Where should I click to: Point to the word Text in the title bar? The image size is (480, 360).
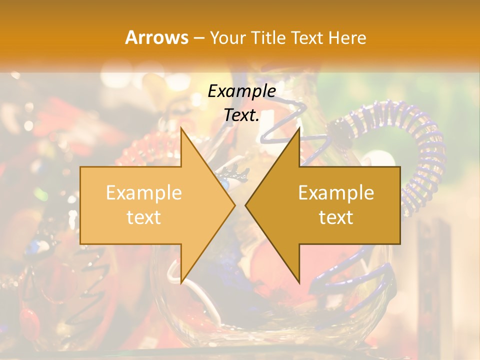pos(307,38)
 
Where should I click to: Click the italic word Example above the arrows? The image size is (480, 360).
pos(241,91)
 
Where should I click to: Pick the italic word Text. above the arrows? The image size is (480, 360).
pos(241,115)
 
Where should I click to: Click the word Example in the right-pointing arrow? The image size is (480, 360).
pos(143,192)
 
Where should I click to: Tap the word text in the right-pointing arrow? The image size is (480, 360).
pos(143,217)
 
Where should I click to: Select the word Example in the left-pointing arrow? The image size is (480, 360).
pos(336,192)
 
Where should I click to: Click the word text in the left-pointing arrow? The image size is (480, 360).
pos(336,217)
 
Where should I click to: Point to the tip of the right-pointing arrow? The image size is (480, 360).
pos(235,205)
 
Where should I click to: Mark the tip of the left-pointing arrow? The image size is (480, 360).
pos(245,205)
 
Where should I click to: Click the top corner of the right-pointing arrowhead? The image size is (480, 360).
pos(181,128)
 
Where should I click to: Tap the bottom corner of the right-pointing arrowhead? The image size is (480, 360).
pos(181,282)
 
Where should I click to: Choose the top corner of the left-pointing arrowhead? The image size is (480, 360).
pos(299,128)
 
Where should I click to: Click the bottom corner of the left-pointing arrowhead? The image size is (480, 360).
pos(299,282)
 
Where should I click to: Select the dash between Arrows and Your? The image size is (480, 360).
pos(198,38)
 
